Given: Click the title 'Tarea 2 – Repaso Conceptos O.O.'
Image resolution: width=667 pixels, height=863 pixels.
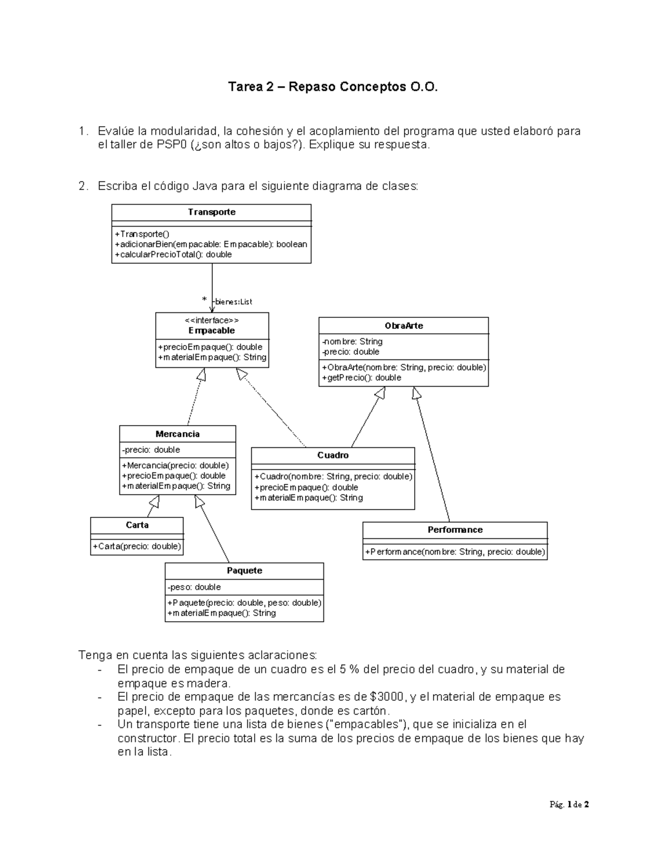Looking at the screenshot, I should (333, 87).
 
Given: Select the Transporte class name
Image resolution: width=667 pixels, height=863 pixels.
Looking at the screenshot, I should (211, 212).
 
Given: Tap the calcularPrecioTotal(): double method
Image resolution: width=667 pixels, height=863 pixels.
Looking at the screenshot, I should (173, 255).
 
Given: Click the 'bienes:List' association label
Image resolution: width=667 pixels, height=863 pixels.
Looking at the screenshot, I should (233, 302).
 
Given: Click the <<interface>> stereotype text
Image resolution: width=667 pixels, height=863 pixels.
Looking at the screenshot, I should (212, 321).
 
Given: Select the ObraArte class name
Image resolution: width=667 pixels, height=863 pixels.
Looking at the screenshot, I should (404, 326).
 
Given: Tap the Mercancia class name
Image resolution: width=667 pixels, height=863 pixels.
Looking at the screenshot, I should (177, 434).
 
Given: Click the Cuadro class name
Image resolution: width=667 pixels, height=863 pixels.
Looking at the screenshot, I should (333, 455).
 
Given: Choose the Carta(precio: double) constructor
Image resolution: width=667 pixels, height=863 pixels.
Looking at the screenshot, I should (137, 546).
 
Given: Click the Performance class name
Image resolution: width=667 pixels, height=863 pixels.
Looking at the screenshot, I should (455, 530).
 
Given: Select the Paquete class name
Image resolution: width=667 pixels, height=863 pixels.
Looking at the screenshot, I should (244, 571).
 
